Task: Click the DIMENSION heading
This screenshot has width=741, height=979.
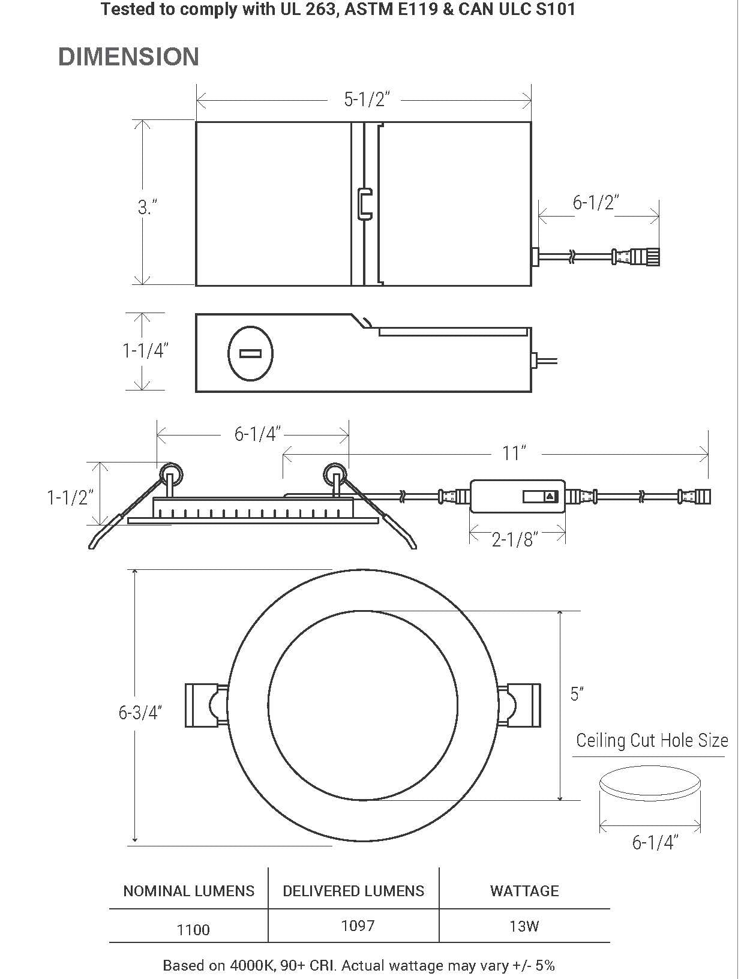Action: pos(128,57)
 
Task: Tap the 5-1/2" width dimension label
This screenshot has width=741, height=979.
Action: pos(367,99)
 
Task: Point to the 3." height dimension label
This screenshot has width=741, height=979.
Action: pos(148,208)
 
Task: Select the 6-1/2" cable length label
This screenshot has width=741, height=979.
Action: pos(595,203)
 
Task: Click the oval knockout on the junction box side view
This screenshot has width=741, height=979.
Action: pos(250,353)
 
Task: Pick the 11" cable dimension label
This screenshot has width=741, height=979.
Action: pos(514,453)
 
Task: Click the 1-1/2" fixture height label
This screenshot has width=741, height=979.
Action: pos(71,497)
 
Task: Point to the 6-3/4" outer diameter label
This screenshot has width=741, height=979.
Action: pos(140,713)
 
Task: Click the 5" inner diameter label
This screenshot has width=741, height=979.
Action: pos(577,694)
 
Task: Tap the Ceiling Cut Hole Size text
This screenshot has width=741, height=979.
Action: pos(652,740)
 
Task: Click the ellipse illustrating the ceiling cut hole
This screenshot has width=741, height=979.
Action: pos(650,783)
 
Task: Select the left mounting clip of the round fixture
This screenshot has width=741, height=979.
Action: pos(204,705)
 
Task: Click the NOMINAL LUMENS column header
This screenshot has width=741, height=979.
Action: pos(188,891)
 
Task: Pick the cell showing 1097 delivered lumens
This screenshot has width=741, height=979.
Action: pos(358,926)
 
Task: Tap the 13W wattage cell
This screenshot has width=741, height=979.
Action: pos(524,926)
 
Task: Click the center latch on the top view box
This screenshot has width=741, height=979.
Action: pos(365,204)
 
